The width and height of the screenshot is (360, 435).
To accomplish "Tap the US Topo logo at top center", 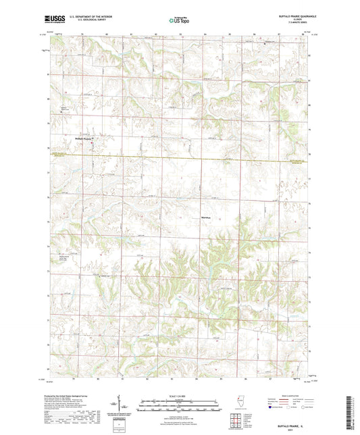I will tap(180, 20).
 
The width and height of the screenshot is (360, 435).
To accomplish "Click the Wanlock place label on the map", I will tap(207, 217).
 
